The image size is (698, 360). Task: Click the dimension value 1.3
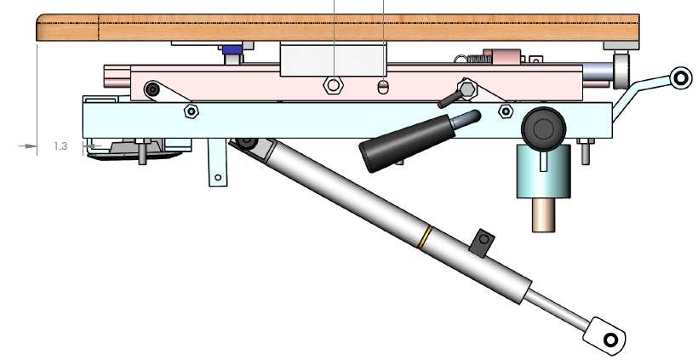pyautogui.click(x=60, y=146)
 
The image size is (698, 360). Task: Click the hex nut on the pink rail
pyautogui.click(x=333, y=85)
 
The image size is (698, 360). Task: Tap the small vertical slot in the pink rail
pyautogui.click(x=383, y=86)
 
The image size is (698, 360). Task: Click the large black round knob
pyautogui.click(x=543, y=128)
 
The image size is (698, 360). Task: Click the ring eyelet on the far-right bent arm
pyautogui.click(x=680, y=77)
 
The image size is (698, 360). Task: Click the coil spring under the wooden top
pyautogui.click(x=470, y=59)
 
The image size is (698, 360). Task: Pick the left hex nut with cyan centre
pyautogui.click(x=191, y=111)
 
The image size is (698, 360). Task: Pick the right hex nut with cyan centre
pyautogui.click(x=506, y=111)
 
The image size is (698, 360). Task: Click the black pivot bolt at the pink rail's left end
pyautogui.click(x=153, y=89)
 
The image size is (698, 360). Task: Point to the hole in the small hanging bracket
pyautogui.click(x=218, y=178)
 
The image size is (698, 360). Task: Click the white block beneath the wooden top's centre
pyautogui.click(x=334, y=59)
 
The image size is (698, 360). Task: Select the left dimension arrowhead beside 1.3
pyautogui.click(x=31, y=146)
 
